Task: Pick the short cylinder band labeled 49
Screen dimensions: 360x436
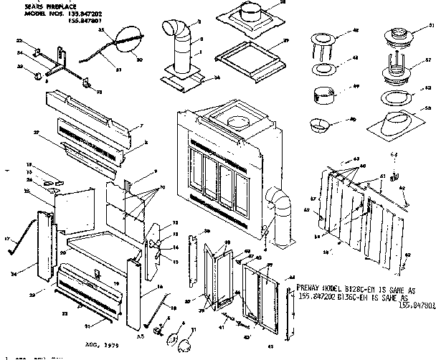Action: (x=323, y=94)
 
